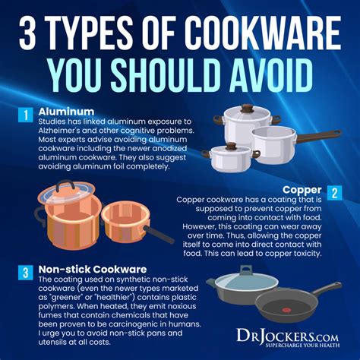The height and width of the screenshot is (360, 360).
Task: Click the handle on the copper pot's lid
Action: (66, 184)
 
